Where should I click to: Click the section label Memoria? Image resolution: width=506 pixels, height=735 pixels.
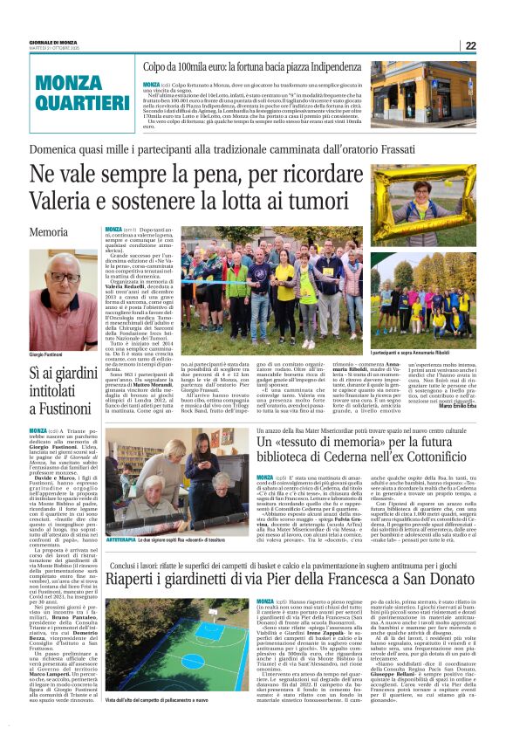[x=48, y=233]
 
